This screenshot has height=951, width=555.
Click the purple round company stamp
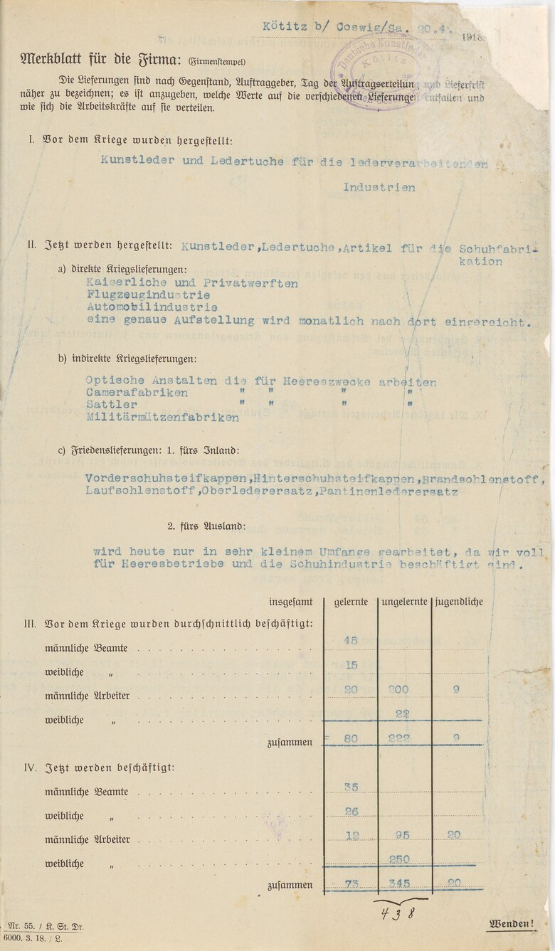coord(393,71)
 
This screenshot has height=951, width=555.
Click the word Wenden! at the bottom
coord(511,924)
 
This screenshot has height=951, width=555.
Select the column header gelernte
coord(351,602)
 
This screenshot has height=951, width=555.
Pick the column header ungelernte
coord(404,602)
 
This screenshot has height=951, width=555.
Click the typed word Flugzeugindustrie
coord(148,295)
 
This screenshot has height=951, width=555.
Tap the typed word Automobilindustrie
coord(152,307)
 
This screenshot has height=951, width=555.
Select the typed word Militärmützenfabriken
coord(162,418)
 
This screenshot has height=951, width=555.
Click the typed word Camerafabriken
coord(137,393)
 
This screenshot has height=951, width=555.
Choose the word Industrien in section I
coord(379,188)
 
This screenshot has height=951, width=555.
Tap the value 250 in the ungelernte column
coord(399,859)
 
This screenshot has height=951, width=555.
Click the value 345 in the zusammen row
coord(399,883)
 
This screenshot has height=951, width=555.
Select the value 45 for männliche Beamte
coord(350,640)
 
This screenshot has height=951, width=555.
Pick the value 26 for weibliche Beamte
coord(350,812)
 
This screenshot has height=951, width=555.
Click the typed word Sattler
coord(112,405)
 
